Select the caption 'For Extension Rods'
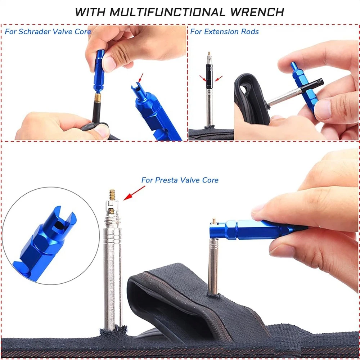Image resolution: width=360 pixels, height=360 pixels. point(224,31)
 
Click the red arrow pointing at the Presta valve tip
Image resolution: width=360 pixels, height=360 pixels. point(134,193)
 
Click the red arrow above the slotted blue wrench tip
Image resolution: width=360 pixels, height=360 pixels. point(140,78)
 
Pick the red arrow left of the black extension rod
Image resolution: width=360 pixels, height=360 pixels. point(203,78)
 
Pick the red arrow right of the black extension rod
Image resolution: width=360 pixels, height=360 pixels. point(219,78)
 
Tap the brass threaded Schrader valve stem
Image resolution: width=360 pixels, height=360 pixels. point(98,98)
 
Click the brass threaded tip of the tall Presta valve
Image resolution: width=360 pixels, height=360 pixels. point(112,195)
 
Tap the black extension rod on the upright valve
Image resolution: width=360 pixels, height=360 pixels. point(209,76)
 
